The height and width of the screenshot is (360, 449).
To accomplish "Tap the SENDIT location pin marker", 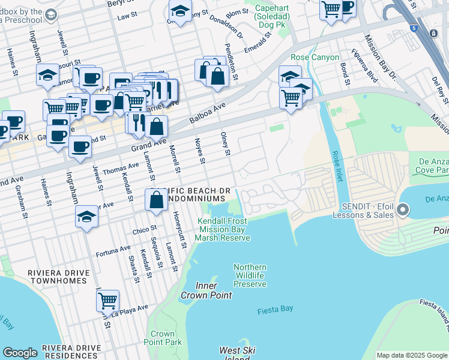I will click(x=402, y=210).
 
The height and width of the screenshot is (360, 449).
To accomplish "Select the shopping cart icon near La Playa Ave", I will click(x=107, y=300).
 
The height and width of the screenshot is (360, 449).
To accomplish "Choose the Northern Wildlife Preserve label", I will click(x=250, y=275).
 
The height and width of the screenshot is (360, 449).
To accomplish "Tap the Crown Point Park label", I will click(x=163, y=338).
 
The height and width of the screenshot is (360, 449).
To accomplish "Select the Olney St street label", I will click(x=226, y=144).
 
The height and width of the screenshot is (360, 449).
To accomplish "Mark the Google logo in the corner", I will click(x=20, y=353).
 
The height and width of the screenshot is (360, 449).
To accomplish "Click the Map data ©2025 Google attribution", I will click(x=411, y=355).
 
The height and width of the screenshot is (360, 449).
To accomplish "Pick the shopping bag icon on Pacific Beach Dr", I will click(x=156, y=200).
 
